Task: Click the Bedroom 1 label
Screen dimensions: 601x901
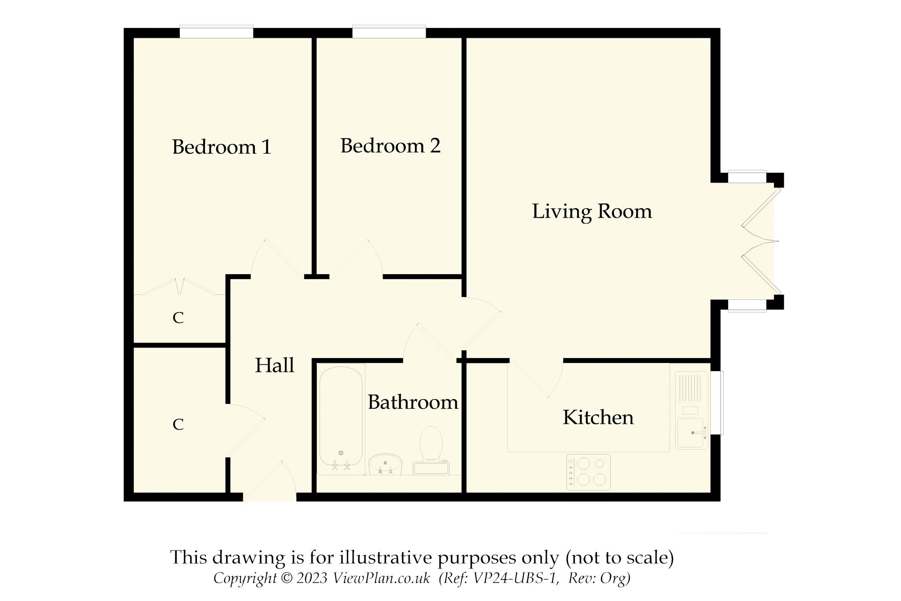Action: (x=221, y=147)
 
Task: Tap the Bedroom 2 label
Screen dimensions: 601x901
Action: (x=390, y=146)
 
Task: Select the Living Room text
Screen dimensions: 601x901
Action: (x=592, y=211)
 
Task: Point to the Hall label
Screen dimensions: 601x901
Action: (x=274, y=365)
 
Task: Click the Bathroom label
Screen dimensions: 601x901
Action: (x=413, y=402)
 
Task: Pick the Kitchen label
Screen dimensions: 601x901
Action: (x=598, y=417)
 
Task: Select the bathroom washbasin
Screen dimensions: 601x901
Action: (x=385, y=464)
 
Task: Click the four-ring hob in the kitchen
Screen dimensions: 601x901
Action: (x=588, y=472)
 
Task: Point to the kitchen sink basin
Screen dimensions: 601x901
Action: (x=690, y=432)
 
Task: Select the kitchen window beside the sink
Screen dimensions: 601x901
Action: (x=717, y=403)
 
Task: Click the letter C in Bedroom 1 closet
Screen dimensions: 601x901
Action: (x=178, y=318)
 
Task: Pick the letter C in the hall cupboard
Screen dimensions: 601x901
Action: (x=178, y=424)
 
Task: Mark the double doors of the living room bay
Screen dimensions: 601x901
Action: (x=761, y=241)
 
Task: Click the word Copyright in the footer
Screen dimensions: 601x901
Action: (x=245, y=578)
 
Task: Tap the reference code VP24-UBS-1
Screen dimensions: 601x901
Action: (x=515, y=578)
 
